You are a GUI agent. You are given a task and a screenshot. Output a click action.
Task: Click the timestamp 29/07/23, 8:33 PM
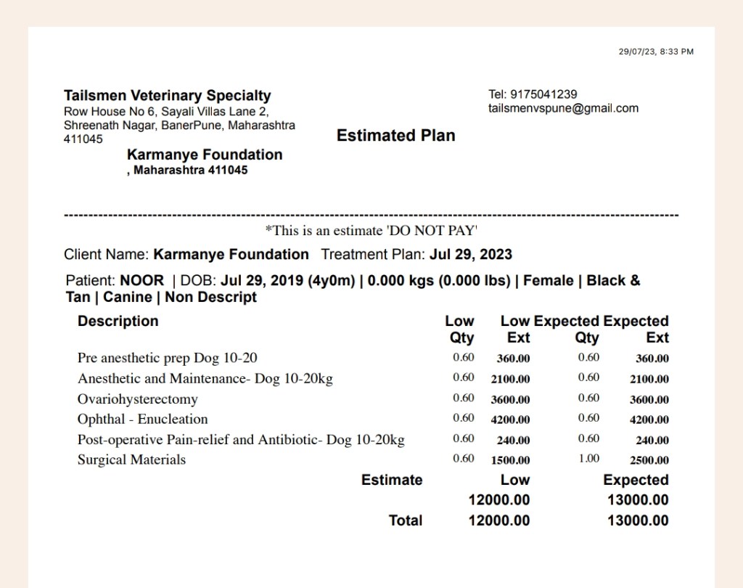coord(656,52)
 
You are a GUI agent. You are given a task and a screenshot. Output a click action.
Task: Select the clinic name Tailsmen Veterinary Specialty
coord(167,96)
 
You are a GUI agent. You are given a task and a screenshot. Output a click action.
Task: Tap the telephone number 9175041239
coord(543,94)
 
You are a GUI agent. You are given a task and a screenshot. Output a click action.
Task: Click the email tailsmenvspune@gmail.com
coord(563,108)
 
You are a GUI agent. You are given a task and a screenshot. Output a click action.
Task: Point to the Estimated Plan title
coord(395,136)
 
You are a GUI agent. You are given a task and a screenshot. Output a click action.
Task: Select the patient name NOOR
coord(142,281)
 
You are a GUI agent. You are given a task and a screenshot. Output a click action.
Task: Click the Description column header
coord(118,321)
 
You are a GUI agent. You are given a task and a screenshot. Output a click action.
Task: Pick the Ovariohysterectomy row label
coord(137,399)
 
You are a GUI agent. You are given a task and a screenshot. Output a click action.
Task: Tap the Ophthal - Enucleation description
coord(142,420)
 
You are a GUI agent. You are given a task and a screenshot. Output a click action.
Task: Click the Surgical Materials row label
coord(131,460)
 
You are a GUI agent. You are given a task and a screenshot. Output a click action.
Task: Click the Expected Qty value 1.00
coord(588,459)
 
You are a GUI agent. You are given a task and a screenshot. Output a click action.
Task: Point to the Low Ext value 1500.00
coord(510,460)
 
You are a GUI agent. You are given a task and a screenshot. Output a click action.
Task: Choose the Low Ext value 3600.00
coord(510,399)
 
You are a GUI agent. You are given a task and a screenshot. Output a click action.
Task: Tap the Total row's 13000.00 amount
coord(637,520)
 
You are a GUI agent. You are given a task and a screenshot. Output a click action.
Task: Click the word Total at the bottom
coord(405,520)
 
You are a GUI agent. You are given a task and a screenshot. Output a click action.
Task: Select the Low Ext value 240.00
coord(513,440)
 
